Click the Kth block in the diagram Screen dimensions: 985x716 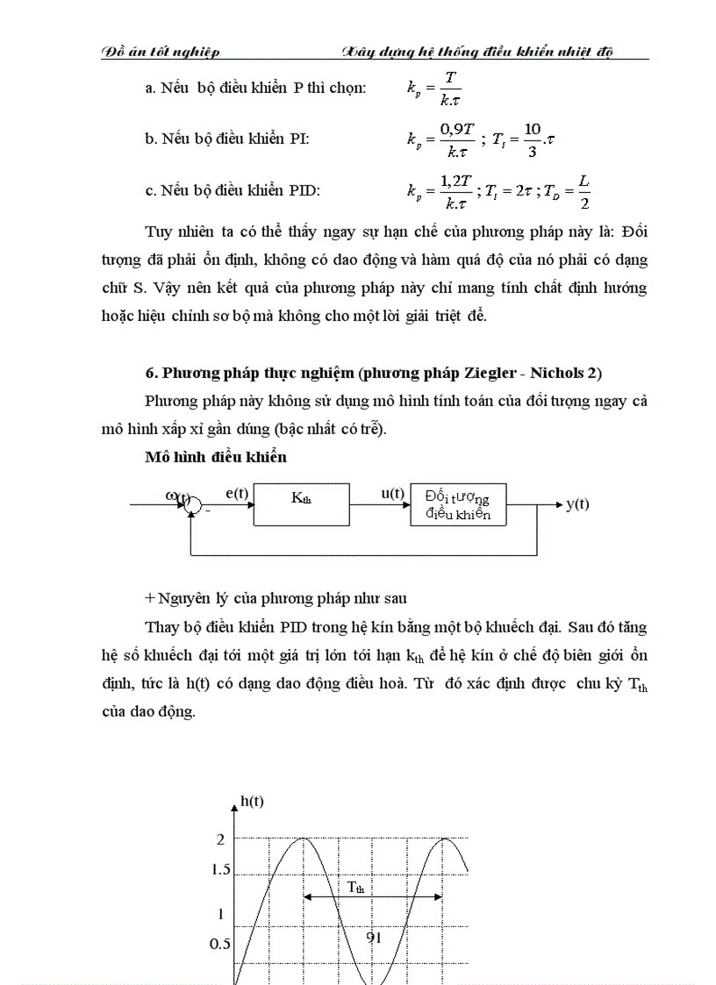300,504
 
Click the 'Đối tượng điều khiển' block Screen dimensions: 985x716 458,504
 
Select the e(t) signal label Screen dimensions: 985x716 237,494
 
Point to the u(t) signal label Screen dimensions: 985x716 391,494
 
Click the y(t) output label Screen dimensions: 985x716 577,504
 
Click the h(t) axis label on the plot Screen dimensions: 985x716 252,800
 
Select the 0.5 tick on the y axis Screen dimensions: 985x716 220,944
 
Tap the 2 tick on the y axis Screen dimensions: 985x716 221,839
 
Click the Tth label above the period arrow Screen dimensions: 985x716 355,887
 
